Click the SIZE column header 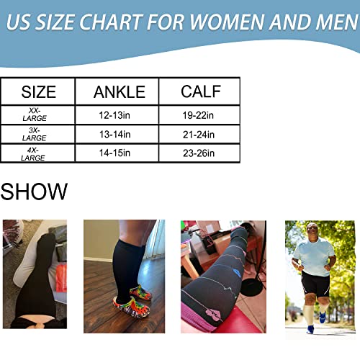[38, 92]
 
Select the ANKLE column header [120, 92]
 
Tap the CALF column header [201, 92]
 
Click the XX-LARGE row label [33, 114]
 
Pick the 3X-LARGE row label [33, 134]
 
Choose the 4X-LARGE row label [33, 153]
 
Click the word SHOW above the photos [34, 192]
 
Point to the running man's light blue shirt [314, 256]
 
